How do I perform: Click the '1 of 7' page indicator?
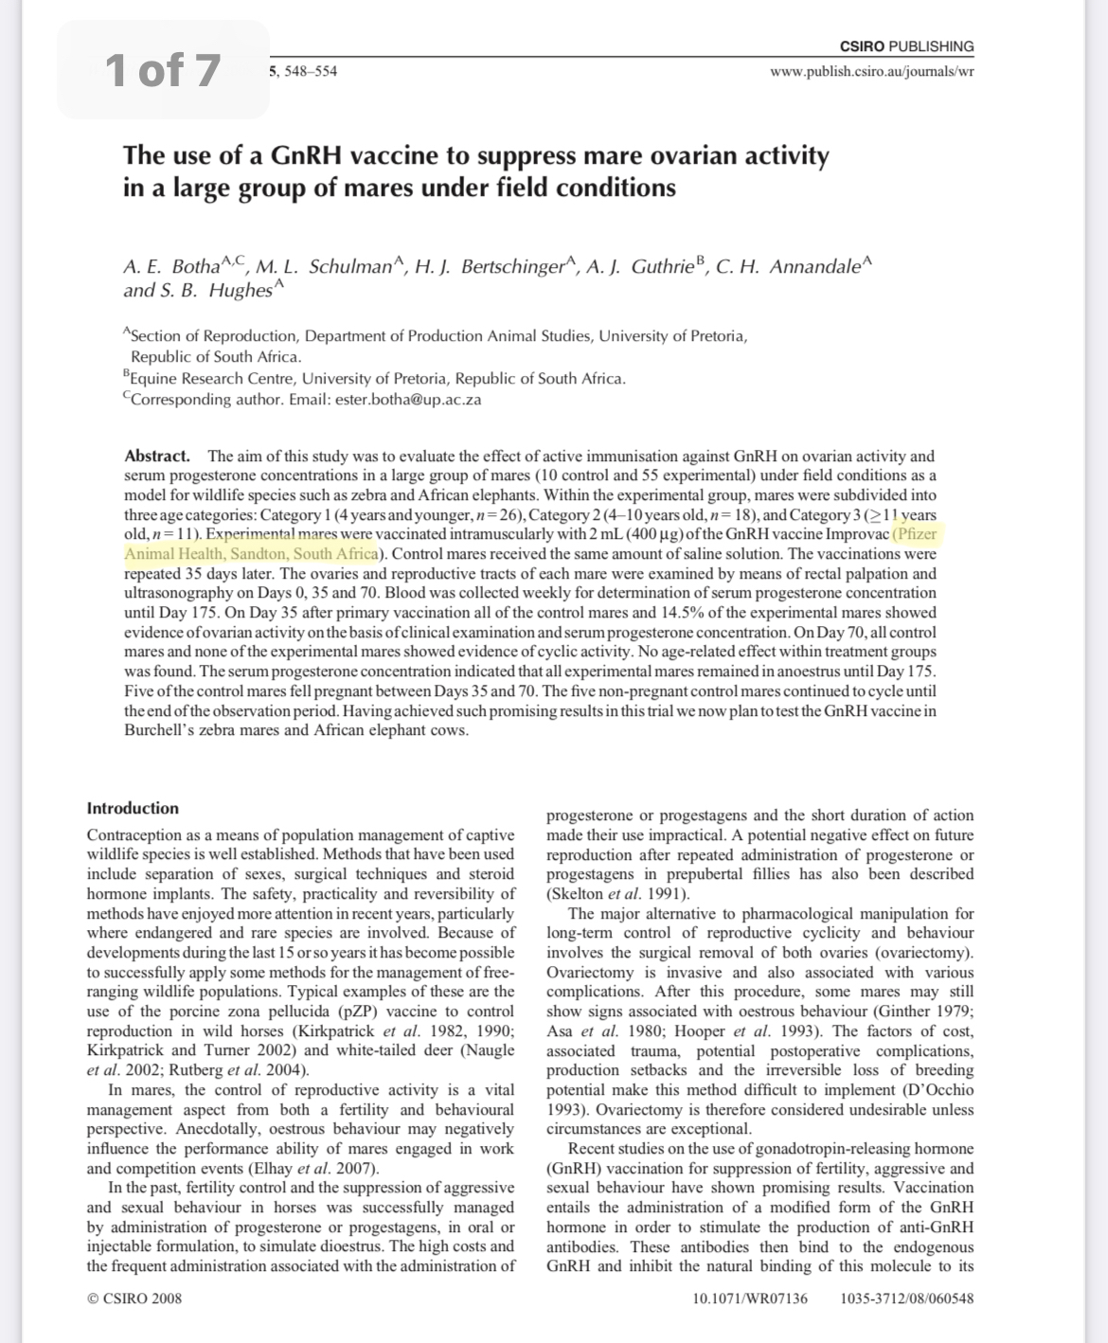[x=163, y=70]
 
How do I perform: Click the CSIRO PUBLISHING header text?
[x=906, y=46]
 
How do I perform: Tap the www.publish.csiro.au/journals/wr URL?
[x=872, y=71]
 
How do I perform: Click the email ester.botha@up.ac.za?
[x=408, y=400]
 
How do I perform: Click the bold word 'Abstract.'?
[x=157, y=456]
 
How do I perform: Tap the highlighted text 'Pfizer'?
[x=916, y=534]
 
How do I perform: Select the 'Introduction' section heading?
[x=133, y=808]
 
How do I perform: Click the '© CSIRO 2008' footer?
[x=134, y=1298]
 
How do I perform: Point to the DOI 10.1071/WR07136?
[x=751, y=1298]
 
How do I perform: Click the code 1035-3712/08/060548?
[x=906, y=1298]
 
